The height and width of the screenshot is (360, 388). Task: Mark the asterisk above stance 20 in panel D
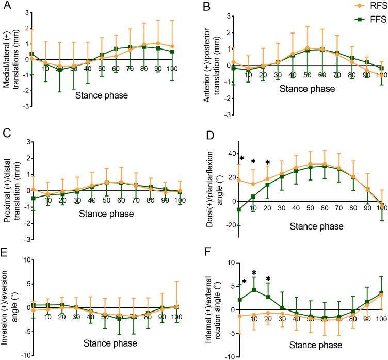[x=267, y=163]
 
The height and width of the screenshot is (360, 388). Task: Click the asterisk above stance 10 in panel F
[x=254, y=273]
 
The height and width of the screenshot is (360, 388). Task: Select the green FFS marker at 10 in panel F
[x=254, y=290]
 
